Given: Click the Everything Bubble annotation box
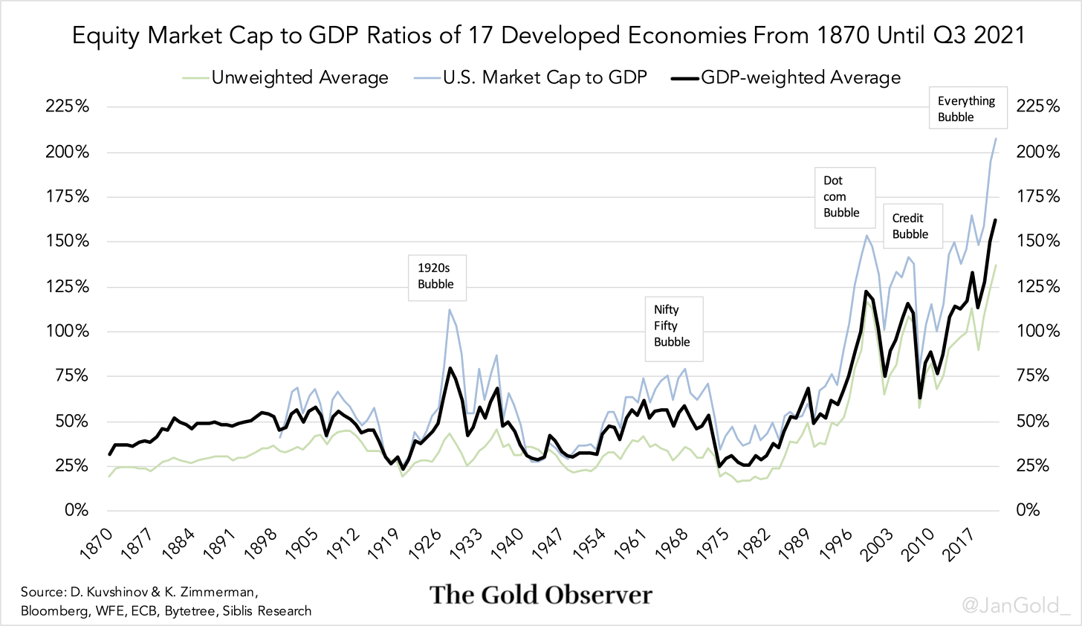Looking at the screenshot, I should coord(967,109).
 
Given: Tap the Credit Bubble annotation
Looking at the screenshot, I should coord(910,226).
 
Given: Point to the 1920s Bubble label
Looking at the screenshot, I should coord(436,276).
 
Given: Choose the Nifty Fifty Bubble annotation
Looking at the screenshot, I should coord(672,326).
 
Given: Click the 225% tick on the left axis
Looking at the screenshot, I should coord(68,106).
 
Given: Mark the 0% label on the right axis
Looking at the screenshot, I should coord(1028,511).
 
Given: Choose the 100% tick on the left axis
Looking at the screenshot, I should coord(68,331).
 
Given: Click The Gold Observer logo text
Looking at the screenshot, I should coord(541,595).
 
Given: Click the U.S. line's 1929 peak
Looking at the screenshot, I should coord(450,309).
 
